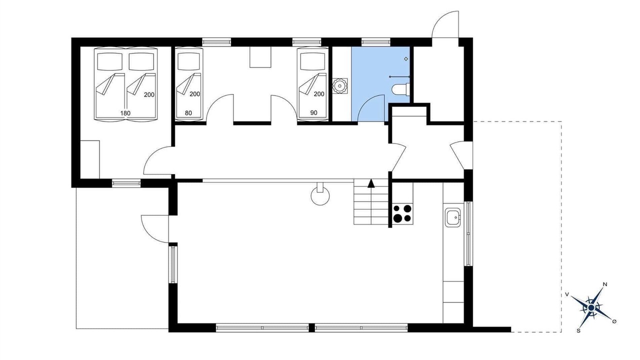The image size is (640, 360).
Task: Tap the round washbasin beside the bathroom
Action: click(x=339, y=86)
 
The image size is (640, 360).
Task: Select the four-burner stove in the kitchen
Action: click(x=402, y=213)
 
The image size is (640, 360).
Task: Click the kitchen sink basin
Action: click(x=452, y=217)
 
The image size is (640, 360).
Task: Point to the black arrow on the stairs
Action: click(x=371, y=183)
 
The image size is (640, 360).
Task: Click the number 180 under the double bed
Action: click(x=125, y=113)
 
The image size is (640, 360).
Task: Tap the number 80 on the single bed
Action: click(x=188, y=113)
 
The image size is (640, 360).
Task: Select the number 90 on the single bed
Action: click(x=313, y=113)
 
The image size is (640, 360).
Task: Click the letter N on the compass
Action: click(x=605, y=284)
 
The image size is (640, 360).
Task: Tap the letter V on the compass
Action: click(x=567, y=294)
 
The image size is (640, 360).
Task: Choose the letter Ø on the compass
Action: click(x=614, y=321)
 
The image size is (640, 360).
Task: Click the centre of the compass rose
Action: click(x=591, y=307)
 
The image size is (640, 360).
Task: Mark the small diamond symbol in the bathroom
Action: click(x=406, y=59)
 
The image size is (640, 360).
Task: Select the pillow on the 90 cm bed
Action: click(x=311, y=61)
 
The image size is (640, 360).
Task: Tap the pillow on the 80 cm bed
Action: click(x=188, y=61)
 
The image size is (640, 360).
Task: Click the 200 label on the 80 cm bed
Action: click(x=195, y=94)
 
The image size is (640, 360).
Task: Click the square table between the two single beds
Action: click(x=260, y=57)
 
